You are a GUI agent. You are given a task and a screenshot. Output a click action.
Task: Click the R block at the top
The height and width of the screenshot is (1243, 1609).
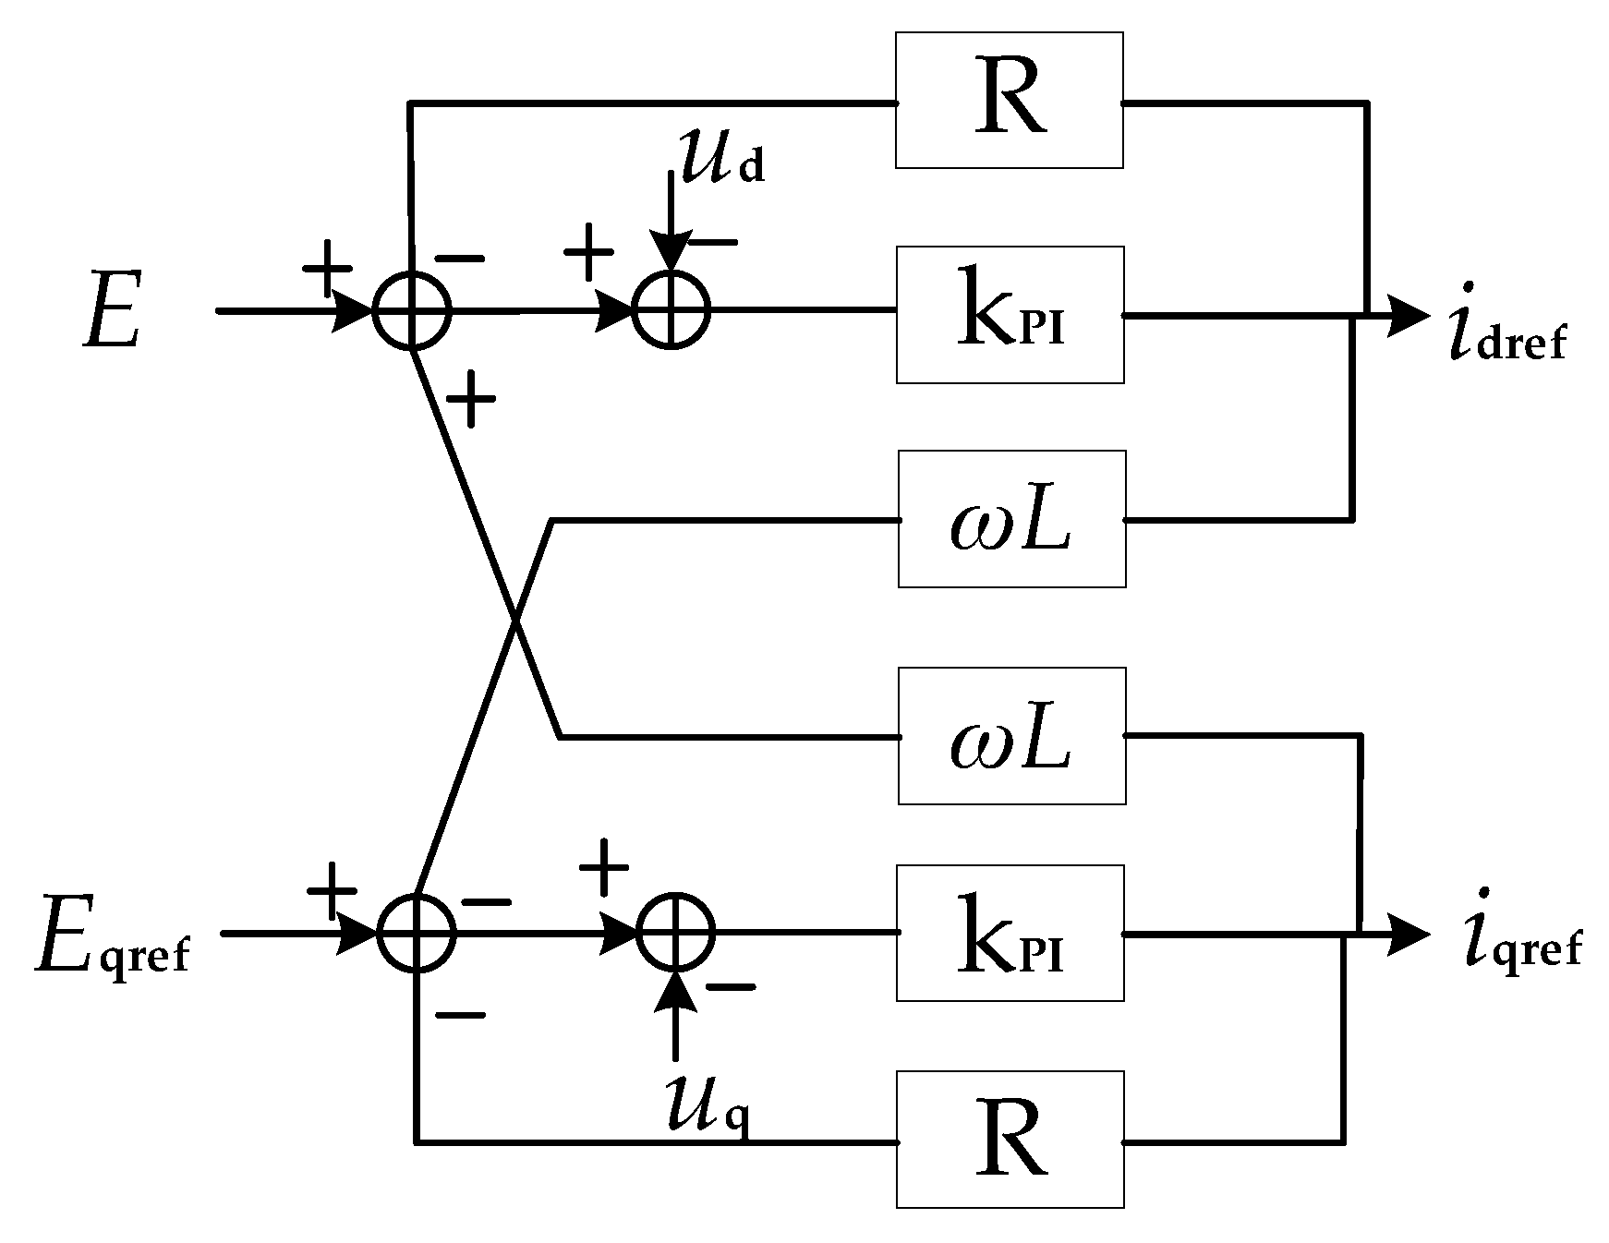coord(1009,100)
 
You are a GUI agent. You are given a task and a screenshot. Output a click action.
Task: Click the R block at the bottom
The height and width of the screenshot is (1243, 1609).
coord(1010,1139)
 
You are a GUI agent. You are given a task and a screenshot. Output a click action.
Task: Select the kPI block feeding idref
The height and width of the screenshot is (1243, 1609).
coord(1010,315)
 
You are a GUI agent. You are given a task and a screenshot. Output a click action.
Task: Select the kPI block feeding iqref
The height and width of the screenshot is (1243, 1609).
coord(1010,933)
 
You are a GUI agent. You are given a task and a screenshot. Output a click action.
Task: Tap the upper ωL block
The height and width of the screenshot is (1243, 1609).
coord(1011,519)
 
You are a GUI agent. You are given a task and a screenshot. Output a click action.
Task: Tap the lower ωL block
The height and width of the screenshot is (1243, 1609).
coord(1011,736)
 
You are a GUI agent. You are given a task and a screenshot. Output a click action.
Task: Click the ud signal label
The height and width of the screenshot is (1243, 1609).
coord(721,158)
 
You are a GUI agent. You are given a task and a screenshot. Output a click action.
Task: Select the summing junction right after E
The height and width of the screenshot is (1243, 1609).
coord(412,310)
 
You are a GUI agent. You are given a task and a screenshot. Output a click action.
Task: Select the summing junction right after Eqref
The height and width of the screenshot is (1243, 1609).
coord(417,933)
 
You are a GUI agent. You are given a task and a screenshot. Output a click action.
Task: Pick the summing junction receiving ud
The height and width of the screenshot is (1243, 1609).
coord(671,309)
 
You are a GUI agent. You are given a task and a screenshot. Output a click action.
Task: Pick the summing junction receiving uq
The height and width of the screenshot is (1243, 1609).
coord(676,933)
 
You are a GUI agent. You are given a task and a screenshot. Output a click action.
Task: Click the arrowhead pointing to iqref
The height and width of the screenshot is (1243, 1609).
coord(1406,935)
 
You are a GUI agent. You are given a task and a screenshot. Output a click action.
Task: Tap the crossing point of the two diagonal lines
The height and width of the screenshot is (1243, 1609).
coord(514,625)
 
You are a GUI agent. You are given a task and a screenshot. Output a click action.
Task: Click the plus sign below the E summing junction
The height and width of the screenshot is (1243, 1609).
coord(471,399)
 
